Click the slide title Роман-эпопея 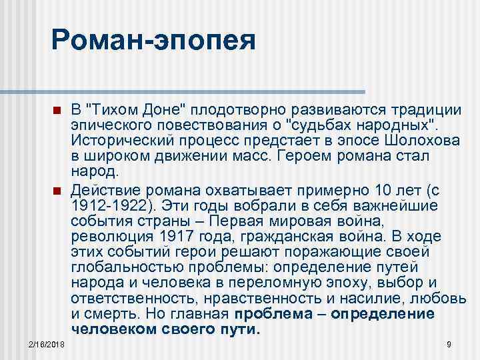pos(153,41)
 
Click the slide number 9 pos(449,343)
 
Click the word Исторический pos(117,141)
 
